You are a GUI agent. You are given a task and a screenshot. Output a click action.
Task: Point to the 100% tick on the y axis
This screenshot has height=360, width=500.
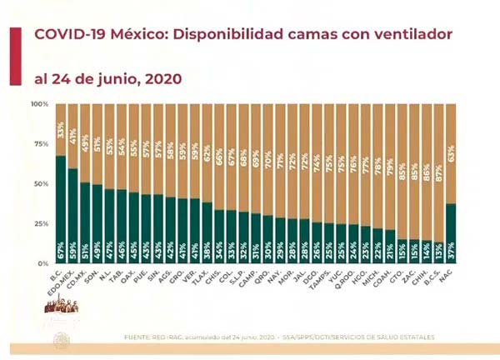[x=40, y=104]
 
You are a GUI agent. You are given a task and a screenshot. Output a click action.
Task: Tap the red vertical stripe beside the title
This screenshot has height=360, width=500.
[x=13, y=54]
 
